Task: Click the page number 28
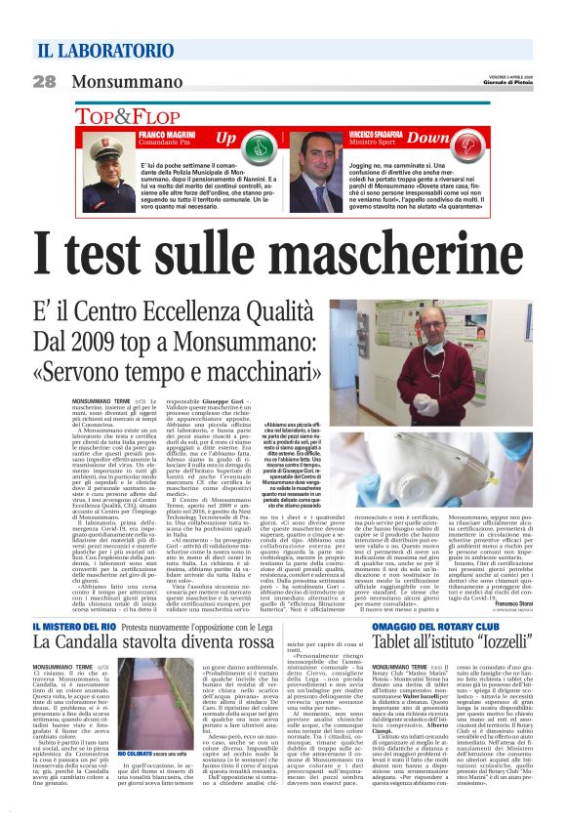pyautogui.click(x=45, y=82)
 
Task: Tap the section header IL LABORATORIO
pyautogui.click(x=105, y=51)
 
